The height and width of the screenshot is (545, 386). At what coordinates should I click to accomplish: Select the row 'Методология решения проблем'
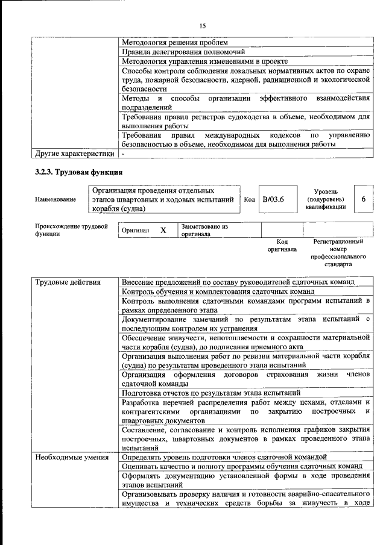[x=175, y=43]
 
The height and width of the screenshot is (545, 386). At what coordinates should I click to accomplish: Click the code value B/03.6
[x=277, y=199]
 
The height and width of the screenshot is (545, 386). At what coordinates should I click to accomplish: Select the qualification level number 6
[x=363, y=199]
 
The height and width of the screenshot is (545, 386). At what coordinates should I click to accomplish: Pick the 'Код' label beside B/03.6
[x=250, y=199]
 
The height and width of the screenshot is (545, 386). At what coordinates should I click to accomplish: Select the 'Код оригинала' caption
[x=282, y=245]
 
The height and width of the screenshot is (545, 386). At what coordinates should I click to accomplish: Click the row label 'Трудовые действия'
[x=68, y=282]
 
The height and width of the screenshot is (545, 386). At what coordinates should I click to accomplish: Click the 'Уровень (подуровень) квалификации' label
[x=325, y=199]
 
